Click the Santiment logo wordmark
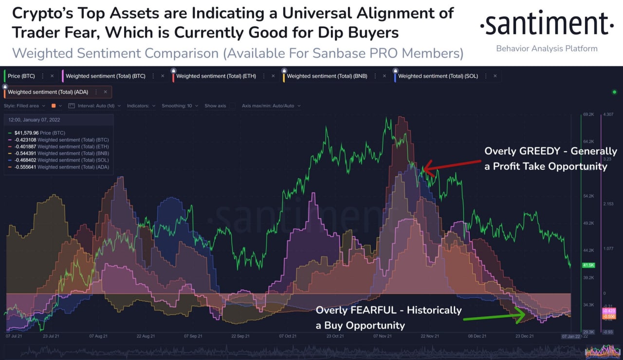(x=547, y=24)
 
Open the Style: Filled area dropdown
(x=24, y=106)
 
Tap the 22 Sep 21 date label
(x=241, y=336)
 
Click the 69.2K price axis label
(x=588, y=114)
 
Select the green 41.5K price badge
(x=588, y=266)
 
